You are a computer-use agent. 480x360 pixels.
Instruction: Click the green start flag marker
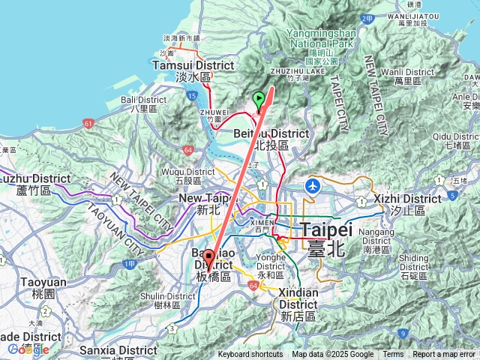(259, 98)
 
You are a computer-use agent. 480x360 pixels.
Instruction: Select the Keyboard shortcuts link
(250, 355)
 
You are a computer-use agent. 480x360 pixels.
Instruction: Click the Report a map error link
(443, 355)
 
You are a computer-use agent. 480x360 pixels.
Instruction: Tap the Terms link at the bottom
(393, 355)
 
